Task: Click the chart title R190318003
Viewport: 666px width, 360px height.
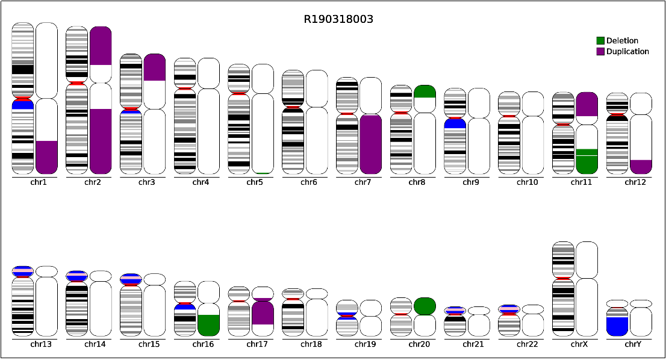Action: tap(338, 19)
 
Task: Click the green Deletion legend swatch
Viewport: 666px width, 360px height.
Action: tap(600, 41)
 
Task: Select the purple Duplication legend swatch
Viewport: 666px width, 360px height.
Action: tap(600, 51)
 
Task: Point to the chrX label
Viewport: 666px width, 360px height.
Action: tap(579, 344)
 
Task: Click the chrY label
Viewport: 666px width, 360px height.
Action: tap(633, 344)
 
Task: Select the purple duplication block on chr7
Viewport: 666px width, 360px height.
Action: tap(371, 144)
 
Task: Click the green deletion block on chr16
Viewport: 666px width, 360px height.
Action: tap(208, 326)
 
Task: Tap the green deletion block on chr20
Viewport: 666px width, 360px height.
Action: tap(425, 306)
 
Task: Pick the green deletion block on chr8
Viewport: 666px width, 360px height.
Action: tap(425, 92)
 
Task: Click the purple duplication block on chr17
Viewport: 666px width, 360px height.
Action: tap(263, 313)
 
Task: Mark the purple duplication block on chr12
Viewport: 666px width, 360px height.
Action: tap(641, 167)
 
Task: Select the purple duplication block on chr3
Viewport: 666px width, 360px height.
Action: tap(155, 67)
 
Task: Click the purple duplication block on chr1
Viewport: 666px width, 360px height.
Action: tap(47, 157)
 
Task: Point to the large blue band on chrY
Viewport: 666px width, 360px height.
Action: tap(617, 326)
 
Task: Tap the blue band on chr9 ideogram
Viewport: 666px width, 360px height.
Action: tap(455, 123)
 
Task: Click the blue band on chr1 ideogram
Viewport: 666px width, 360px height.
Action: tap(23, 104)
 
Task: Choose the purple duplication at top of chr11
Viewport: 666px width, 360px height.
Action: tap(587, 104)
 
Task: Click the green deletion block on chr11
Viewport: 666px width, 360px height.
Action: tap(587, 161)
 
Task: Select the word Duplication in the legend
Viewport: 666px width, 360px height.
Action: tap(628, 51)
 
